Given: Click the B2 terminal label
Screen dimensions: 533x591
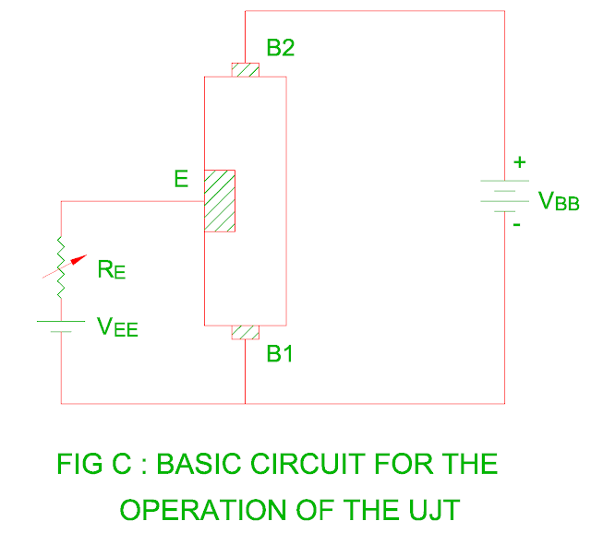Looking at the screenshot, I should tap(281, 48).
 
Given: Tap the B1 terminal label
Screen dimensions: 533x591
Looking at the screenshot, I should tap(281, 355).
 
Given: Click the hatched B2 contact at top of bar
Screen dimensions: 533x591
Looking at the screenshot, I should tap(246, 70).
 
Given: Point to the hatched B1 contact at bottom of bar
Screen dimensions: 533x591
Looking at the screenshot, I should tap(246, 333).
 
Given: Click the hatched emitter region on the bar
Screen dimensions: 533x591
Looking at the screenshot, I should tap(220, 200).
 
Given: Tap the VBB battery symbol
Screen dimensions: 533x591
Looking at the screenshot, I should tap(504, 195).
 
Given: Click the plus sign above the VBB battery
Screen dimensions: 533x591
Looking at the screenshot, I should tap(519, 163).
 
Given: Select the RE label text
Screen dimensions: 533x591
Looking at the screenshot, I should tap(110, 271).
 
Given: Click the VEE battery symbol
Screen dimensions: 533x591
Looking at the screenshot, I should tap(61, 324).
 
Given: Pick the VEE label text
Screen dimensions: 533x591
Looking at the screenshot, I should tap(117, 326).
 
